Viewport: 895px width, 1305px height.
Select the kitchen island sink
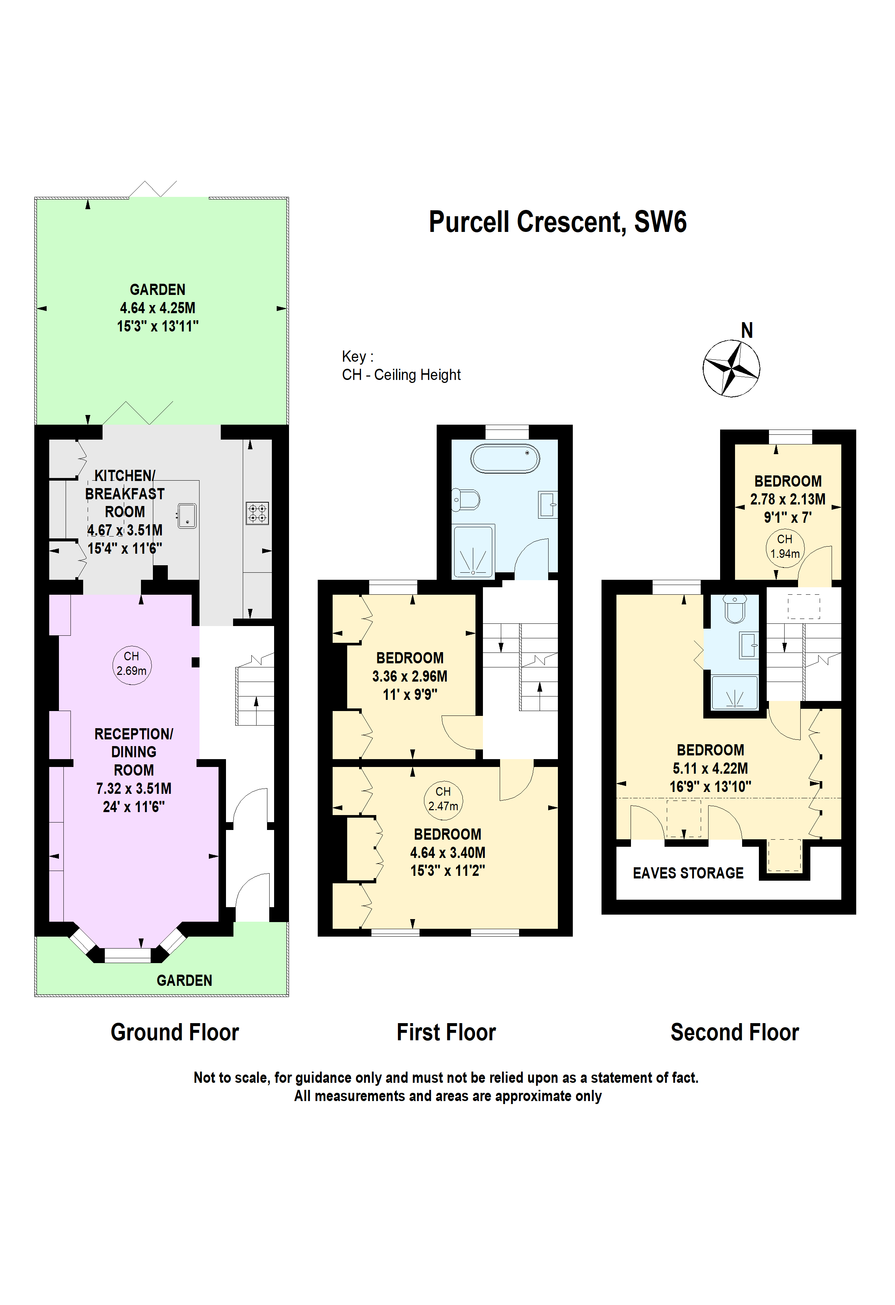pyautogui.click(x=187, y=516)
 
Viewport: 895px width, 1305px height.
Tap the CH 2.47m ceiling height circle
pyautogui.click(x=443, y=799)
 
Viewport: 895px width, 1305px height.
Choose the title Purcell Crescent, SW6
pyautogui.click(x=557, y=222)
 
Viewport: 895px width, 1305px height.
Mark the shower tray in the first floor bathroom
pyautogui.click(x=473, y=551)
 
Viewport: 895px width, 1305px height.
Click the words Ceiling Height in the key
pyautogui.click(x=417, y=375)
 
